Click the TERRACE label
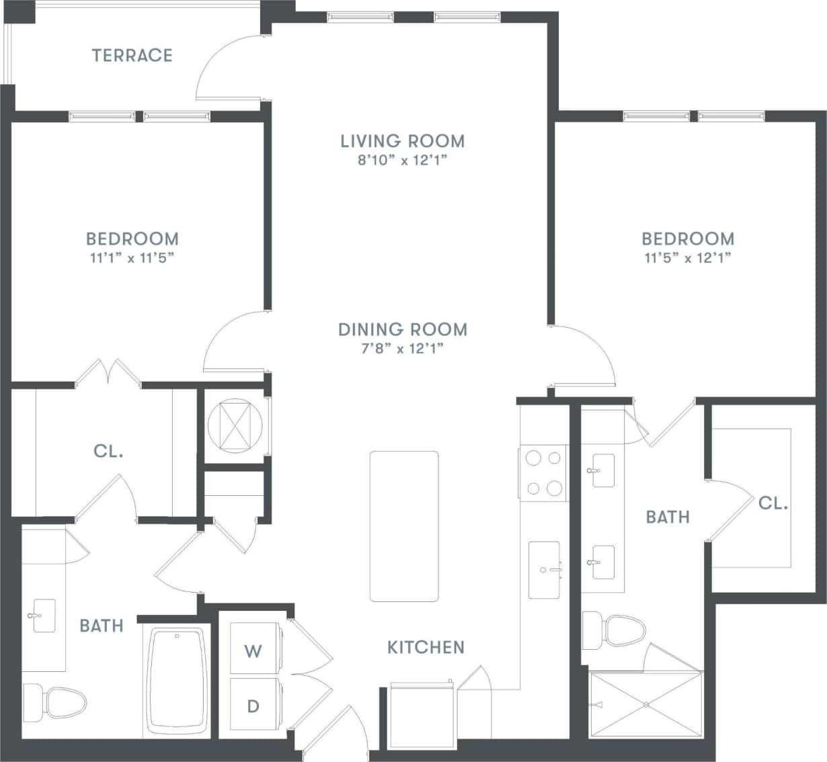[132, 55]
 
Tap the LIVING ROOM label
[402, 141]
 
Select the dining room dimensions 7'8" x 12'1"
[402, 349]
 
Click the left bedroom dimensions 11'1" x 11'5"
[132, 258]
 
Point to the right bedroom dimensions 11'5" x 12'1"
[687, 258]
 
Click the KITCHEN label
[426, 647]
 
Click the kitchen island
[404, 526]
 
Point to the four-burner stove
[543, 473]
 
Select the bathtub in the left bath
[177, 681]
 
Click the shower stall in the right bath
[645, 704]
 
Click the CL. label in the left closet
[108, 451]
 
